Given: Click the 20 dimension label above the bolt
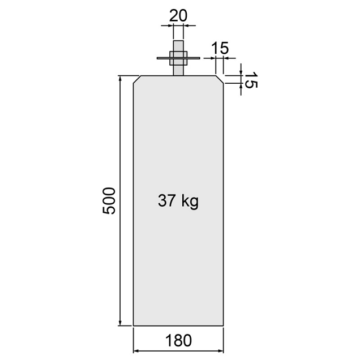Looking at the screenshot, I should (178, 16).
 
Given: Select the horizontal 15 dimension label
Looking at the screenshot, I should (220, 49).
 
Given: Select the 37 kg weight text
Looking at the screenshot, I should (178, 201).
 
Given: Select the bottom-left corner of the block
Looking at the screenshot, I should (134, 325).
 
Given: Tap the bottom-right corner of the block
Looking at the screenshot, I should (224, 325).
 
